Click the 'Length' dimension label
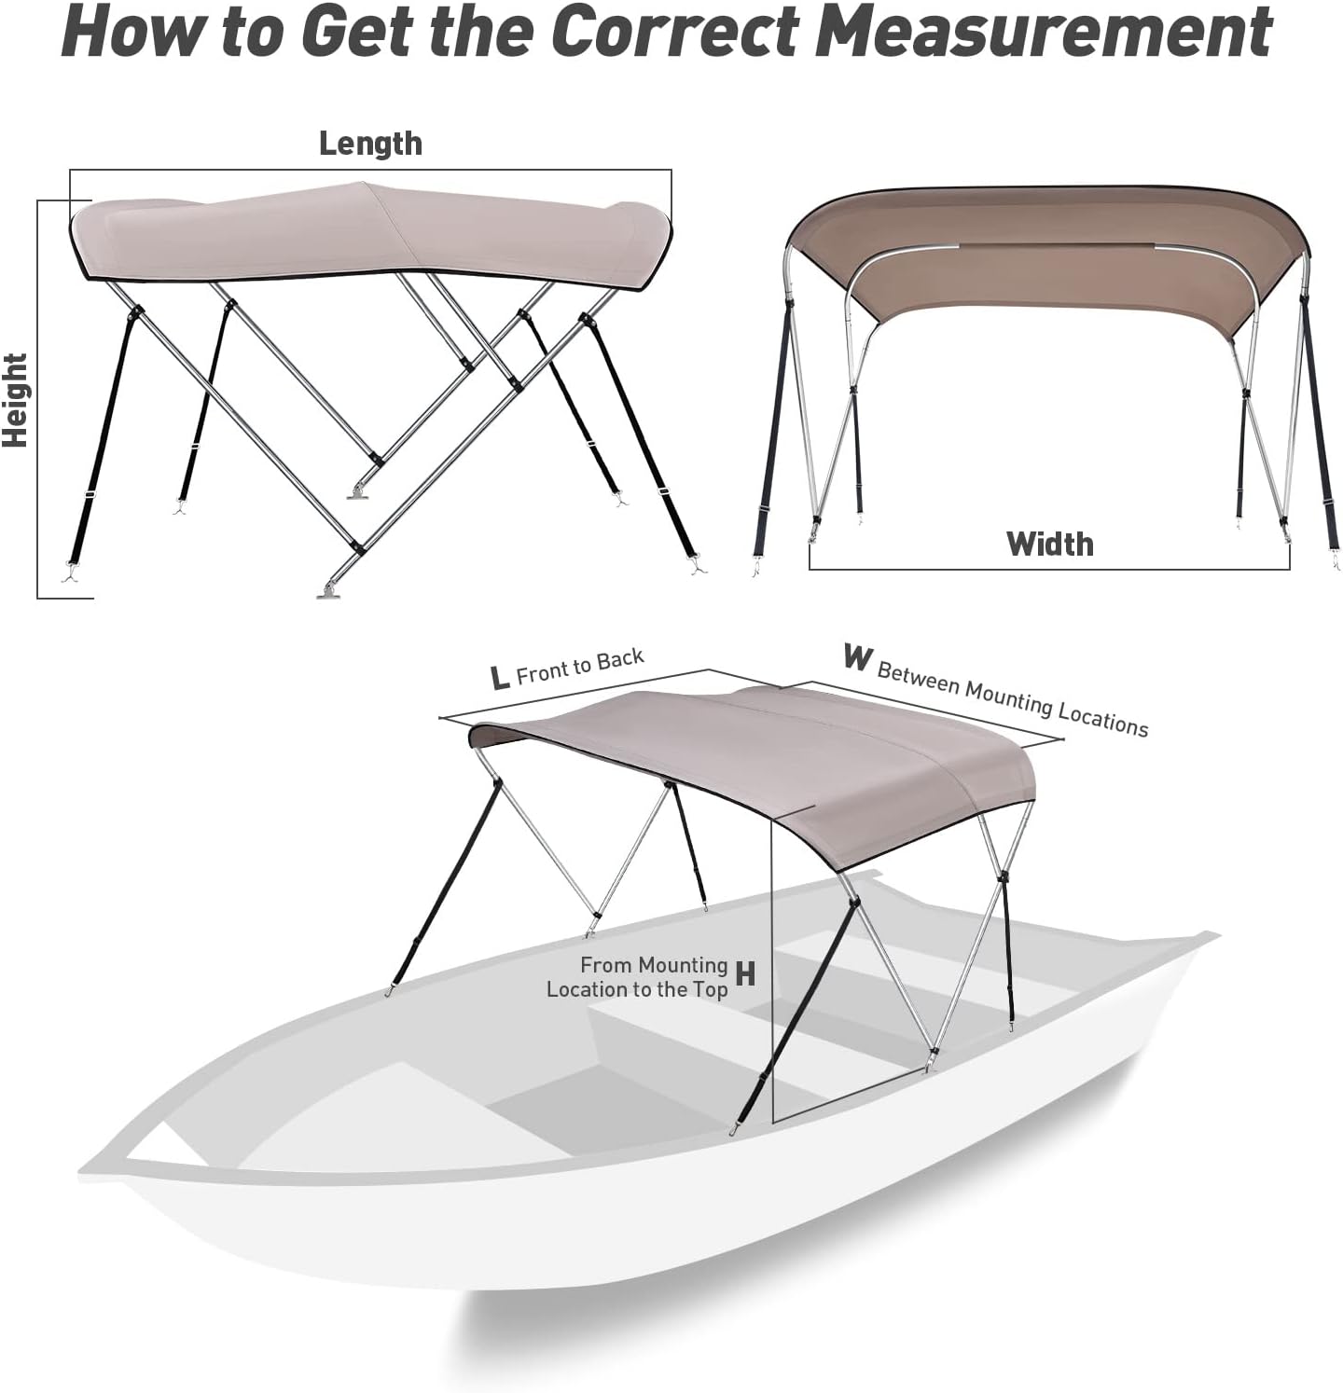pos(370,144)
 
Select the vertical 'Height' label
pos(16,400)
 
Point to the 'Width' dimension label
pos(1049,544)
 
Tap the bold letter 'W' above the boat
pos(856,657)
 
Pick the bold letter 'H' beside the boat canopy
pos(745,974)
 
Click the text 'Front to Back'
pos(580,667)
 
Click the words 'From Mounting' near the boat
pos(653,965)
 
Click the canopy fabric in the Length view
pos(373,228)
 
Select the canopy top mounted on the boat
pos(765,746)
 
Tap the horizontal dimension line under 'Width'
pos(1049,569)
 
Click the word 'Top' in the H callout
pos(711,989)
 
